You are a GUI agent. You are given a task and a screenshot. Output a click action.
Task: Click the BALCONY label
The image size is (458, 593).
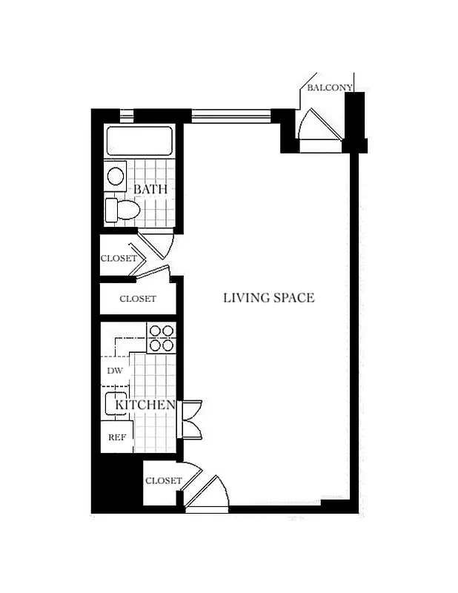pyautogui.click(x=330, y=87)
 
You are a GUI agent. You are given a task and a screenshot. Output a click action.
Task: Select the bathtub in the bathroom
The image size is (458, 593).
pyautogui.click(x=139, y=141)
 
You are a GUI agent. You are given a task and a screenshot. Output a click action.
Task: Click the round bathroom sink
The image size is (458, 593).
pyautogui.click(x=116, y=176)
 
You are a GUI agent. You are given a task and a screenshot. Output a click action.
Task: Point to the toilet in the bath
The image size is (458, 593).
pyautogui.click(x=122, y=209)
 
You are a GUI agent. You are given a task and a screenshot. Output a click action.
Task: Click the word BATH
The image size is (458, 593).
pyautogui.click(x=150, y=189)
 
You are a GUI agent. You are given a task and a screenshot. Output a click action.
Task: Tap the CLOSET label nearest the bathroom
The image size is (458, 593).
pyautogui.click(x=119, y=259)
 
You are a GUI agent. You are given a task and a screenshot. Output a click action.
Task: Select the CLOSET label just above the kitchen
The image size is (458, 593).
pyautogui.click(x=138, y=299)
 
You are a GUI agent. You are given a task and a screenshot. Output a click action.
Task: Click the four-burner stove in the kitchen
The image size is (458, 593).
pyautogui.click(x=161, y=338)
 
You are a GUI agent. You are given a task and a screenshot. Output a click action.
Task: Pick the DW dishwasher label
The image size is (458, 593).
pyautogui.click(x=114, y=371)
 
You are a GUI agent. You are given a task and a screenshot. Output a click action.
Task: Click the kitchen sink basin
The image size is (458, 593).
pyautogui.click(x=116, y=405)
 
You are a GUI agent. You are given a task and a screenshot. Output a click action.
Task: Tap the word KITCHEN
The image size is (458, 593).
pyautogui.click(x=145, y=405)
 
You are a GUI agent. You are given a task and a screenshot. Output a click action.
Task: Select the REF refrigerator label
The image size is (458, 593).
pyautogui.click(x=116, y=437)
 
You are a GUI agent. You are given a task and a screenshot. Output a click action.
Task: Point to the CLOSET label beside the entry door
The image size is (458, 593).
pyautogui.click(x=163, y=480)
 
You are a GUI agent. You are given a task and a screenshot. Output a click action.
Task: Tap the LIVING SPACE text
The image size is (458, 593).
pyautogui.click(x=269, y=298)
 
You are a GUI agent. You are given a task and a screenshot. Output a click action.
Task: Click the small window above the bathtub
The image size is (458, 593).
pyautogui.click(x=127, y=116)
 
